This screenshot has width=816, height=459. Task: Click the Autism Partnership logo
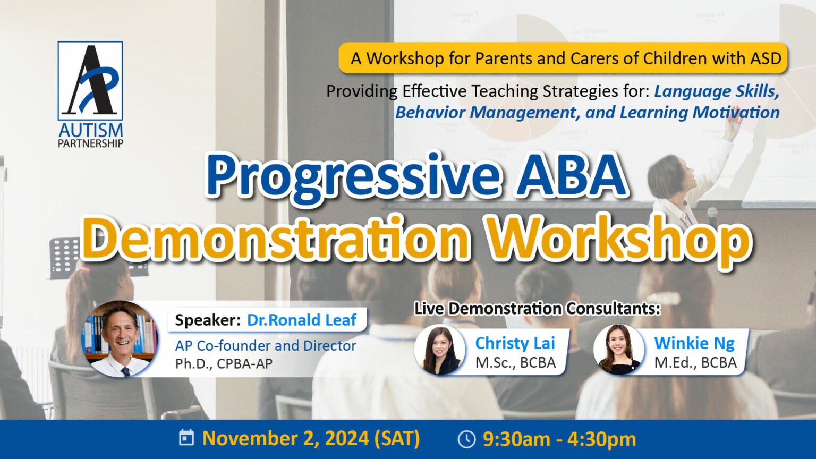click(x=90, y=95)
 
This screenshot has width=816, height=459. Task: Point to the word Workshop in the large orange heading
click(x=620, y=241)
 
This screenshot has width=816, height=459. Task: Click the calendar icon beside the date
click(x=186, y=438)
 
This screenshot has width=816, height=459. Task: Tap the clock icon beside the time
click(x=466, y=439)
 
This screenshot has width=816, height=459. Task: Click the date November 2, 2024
click(x=285, y=438)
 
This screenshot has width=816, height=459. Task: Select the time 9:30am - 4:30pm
click(x=559, y=439)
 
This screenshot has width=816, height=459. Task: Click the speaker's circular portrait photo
click(x=120, y=338)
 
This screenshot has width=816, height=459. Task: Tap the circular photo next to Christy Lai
click(x=440, y=350)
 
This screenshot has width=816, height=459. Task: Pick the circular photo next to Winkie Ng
click(x=619, y=350)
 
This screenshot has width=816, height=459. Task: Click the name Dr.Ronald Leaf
click(x=302, y=320)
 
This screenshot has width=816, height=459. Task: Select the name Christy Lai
click(x=515, y=343)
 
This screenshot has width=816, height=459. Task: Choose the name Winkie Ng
click(x=694, y=343)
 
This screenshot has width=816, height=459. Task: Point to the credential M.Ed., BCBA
click(x=695, y=362)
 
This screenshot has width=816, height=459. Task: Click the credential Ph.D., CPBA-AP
click(x=224, y=364)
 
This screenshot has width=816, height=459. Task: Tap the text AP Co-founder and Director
click(x=266, y=346)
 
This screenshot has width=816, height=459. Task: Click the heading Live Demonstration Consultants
click(x=537, y=309)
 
